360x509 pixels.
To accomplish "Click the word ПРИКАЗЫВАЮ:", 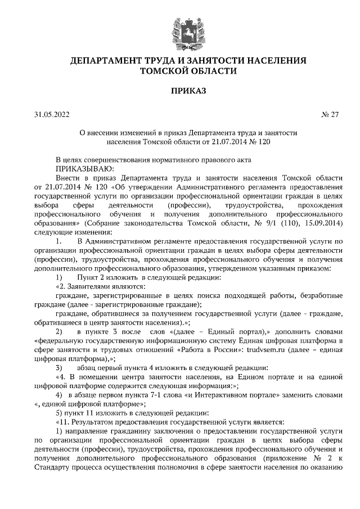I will click(x=84, y=168).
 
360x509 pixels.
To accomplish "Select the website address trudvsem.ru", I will click(x=267, y=349).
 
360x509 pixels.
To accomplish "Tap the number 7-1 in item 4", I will click(x=168, y=395).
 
